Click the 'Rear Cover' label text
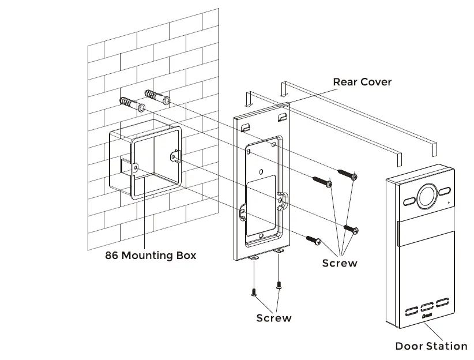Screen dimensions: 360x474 click(362, 82)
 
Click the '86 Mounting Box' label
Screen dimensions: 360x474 click(151, 255)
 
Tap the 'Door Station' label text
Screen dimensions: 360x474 click(431, 346)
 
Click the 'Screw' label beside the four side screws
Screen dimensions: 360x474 click(340, 263)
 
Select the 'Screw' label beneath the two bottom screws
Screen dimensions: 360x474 click(274, 318)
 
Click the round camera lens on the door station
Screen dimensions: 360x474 click(427, 195)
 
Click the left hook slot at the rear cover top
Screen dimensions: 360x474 click(246, 126)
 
